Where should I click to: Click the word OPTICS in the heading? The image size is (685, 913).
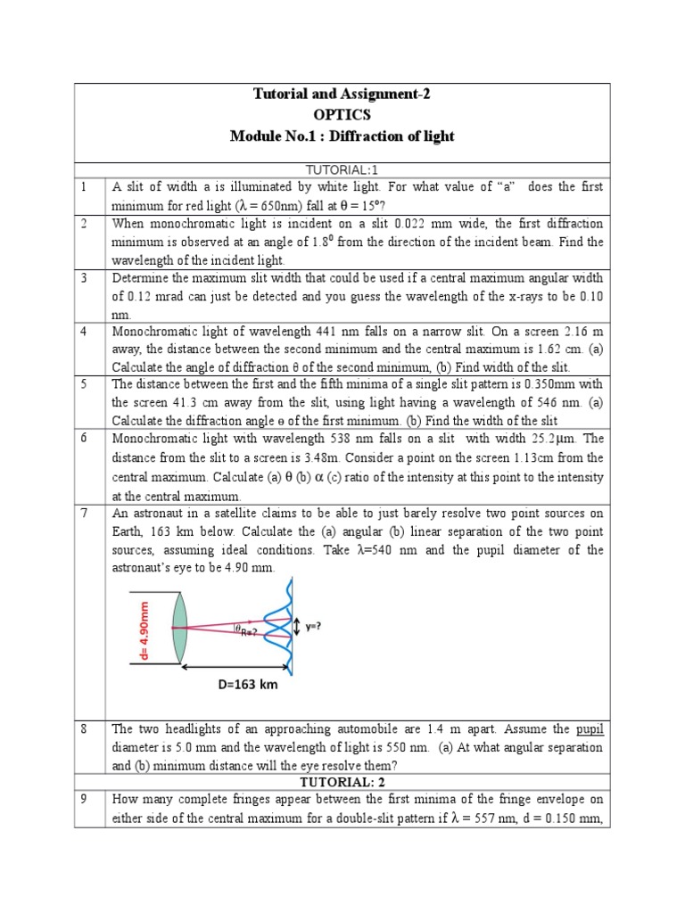point(342,115)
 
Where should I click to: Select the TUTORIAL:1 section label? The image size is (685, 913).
point(342,169)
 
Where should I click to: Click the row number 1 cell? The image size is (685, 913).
point(82,187)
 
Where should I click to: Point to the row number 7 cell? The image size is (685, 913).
point(82,514)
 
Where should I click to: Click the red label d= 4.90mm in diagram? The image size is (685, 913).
point(144,629)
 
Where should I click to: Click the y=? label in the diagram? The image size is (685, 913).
point(314,626)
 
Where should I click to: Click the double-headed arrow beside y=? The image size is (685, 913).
point(296,627)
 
